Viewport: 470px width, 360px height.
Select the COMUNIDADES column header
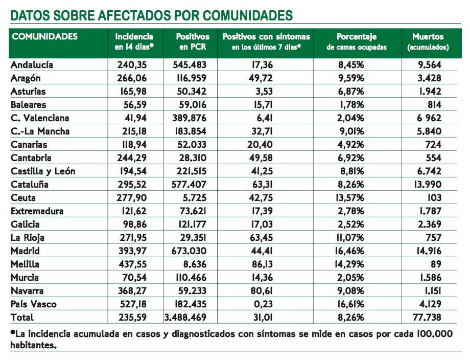[x=44, y=36]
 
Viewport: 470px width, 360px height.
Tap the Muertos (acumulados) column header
[x=428, y=41]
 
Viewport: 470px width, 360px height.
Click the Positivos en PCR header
[x=193, y=41]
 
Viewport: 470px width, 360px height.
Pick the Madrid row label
[x=25, y=251]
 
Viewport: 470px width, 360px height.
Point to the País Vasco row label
[x=34, y=304]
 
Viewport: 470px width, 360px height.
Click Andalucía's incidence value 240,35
[x=132, y=65]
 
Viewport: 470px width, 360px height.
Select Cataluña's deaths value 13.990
[x=428, y=184]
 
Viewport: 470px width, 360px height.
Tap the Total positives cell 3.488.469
[x=185, y=318]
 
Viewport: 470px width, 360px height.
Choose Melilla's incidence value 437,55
[x=132, y=264]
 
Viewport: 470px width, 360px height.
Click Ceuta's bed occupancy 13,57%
[x=349, y=198]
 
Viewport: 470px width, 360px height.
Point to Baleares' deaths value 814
[x=435, y=105]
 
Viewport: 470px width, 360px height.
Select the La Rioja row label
[x=28, y=238]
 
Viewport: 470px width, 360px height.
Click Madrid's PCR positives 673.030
[x=189, y=251]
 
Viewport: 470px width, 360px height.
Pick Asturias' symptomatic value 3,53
[x=264, y=91]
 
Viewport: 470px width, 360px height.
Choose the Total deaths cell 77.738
[x=427, y=318]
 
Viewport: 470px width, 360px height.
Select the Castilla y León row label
[x=43, y=171]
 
